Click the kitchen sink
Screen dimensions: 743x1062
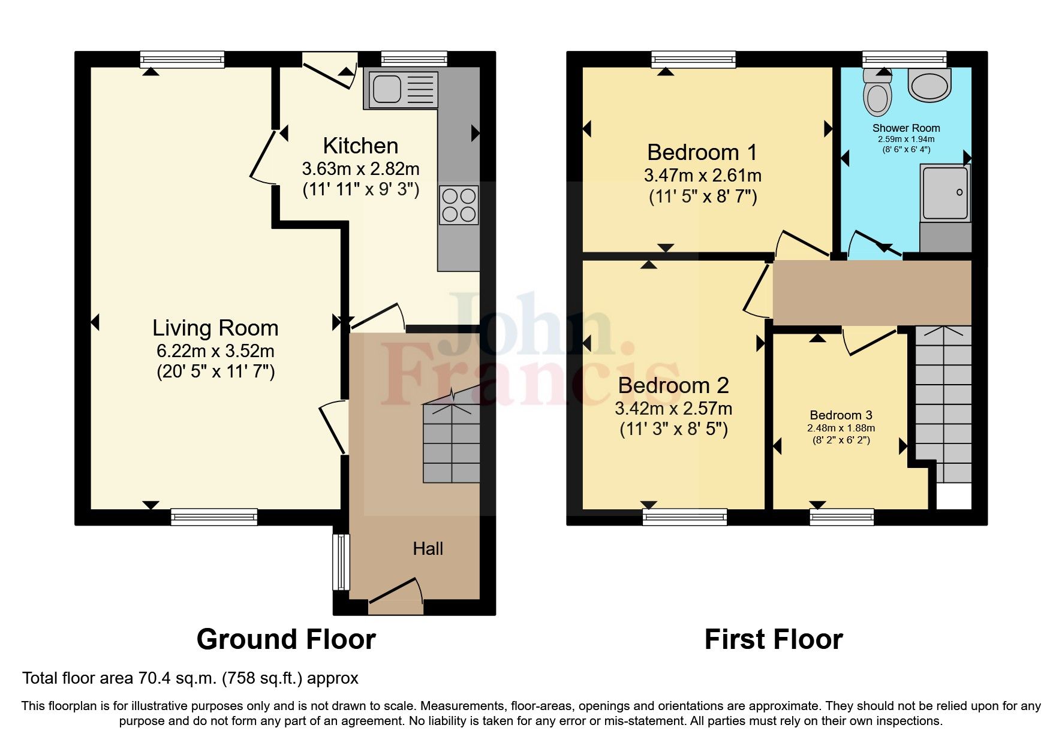400,90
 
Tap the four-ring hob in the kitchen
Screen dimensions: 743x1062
459,205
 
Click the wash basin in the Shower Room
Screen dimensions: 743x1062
929,85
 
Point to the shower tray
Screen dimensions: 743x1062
945,193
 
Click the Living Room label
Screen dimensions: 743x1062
215,328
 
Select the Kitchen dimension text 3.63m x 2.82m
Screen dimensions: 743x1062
360,168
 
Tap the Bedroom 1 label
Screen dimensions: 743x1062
702,152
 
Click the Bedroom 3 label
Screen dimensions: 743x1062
841,415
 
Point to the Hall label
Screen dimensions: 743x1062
428,548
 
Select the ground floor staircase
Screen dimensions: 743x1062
452,443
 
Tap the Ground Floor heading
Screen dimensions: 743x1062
286,639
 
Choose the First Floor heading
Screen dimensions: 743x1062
774,639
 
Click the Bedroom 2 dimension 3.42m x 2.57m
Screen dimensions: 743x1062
673,409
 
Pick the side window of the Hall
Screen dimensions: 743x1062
341,562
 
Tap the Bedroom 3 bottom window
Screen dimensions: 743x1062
841,517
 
